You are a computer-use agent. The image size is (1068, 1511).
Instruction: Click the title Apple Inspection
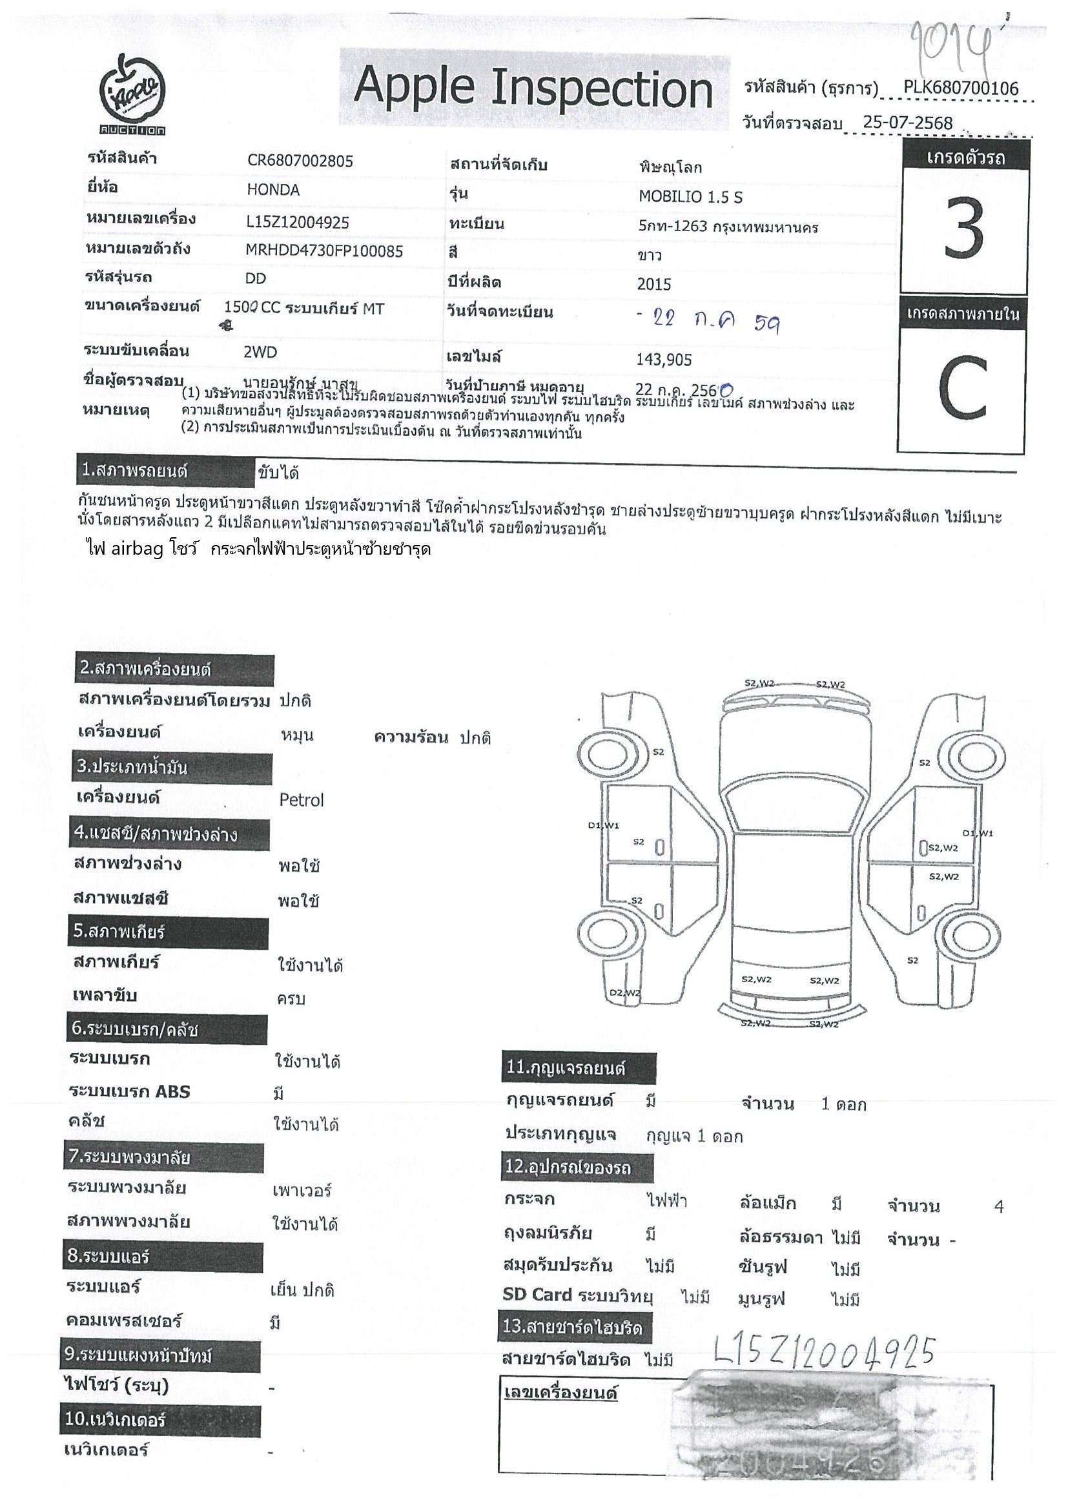(x=533, y=88)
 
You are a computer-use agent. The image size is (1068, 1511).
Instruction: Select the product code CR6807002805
(x=300, y=161)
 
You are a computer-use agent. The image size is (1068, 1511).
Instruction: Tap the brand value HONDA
(x=273, y=190)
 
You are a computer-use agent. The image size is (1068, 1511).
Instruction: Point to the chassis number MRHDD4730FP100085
(x=323, y=251)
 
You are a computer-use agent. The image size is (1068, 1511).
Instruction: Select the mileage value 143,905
(x=664, y=359)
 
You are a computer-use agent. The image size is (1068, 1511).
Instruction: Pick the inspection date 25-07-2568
(x=907, y=122)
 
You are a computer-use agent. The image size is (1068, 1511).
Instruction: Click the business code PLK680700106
(x=961, y=88)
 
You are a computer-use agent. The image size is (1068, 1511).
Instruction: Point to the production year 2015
(x=654, y=284)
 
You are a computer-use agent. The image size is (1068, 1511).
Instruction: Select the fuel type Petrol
(x=302, y=800)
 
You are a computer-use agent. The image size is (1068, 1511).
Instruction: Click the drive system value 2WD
(x=261, y=352)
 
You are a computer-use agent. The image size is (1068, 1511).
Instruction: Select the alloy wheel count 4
(x=999, y=1207)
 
